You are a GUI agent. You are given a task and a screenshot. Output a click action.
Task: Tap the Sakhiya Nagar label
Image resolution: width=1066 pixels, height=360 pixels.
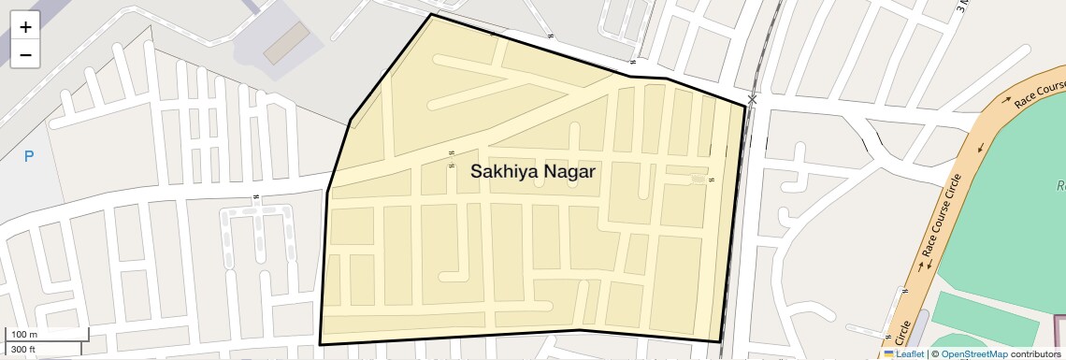click(532, 172)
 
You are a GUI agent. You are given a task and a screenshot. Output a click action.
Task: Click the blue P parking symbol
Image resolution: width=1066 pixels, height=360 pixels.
click(29, 156)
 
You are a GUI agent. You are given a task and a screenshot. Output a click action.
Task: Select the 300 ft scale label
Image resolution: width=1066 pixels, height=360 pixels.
click(22, 350)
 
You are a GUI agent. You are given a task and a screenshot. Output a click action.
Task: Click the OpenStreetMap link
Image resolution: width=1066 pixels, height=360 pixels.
click(973, 353)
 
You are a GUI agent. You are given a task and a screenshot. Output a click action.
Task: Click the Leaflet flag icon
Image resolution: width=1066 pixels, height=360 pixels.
click(889, 353)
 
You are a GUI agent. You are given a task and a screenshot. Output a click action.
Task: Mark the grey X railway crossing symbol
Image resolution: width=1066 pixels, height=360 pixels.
click(753, 99)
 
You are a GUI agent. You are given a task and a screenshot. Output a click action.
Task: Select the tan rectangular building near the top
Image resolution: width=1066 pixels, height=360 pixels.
click(285, 43)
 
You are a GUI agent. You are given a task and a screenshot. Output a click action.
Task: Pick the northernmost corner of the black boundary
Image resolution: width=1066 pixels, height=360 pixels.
click(431, 14)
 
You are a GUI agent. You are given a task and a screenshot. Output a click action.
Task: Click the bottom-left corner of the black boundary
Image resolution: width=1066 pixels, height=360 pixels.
click(320, 344)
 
